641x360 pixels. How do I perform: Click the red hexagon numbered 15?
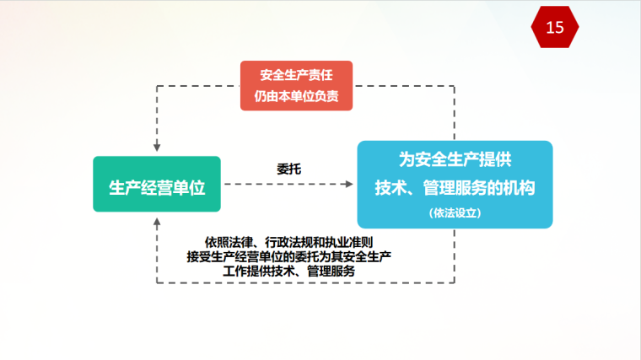[x=555, y=27]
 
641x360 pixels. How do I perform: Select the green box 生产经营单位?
[x=157, y=184]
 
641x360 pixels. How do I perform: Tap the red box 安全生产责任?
[x=296, y=85]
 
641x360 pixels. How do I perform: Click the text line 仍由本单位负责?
[x=296, y=96]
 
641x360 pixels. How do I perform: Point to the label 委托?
[x=289, y=169]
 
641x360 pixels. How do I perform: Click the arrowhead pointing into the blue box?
[x=349, y=185]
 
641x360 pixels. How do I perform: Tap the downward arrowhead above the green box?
[x=157, y=147]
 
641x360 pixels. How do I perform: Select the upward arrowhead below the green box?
[x=157, y=223]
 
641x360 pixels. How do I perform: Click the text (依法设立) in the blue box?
[x=455, y=213]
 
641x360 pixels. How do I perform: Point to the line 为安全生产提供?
[x=455, y=159]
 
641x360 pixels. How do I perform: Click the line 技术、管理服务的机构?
[x=455, y=188]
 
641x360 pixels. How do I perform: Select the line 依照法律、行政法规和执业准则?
[x=289, y=242]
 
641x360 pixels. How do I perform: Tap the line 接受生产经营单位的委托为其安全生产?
[x=289, y=256]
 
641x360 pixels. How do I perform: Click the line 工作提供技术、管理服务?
[x=289, y=271]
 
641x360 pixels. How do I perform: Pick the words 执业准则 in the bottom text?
[x=348, y=242]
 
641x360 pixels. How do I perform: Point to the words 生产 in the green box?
[x=125, y=188]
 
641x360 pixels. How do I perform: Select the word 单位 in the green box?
[x=189, y=188]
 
